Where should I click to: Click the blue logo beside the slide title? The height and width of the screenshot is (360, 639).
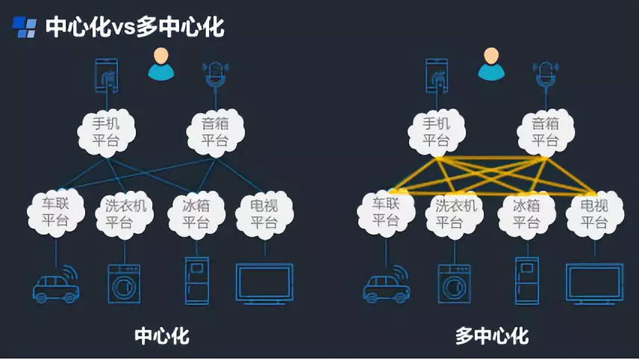coord(24,28)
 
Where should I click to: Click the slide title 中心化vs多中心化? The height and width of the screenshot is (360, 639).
coord(134,28)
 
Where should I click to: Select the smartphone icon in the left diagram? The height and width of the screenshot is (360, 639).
coord(107,75)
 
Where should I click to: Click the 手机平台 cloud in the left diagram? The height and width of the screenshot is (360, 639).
coord(107,131)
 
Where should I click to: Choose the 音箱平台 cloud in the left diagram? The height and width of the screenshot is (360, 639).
coord(215,131)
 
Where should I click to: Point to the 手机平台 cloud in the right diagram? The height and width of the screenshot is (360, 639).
coord(437,131)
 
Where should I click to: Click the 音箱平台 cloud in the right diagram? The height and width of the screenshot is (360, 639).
coord(546,131)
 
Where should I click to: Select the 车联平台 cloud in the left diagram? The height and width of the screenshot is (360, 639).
coord(54,212)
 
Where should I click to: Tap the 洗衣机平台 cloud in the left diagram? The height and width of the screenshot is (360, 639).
coord(125,212)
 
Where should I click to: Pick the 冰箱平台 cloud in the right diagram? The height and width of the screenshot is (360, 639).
coord(526,212)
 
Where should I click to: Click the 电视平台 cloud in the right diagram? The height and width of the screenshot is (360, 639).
coord(594,212)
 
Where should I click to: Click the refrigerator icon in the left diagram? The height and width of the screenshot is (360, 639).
coord(196,280)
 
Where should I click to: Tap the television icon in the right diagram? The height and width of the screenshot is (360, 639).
coord(594,282)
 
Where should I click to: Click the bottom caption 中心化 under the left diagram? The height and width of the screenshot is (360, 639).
coord(162,336)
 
